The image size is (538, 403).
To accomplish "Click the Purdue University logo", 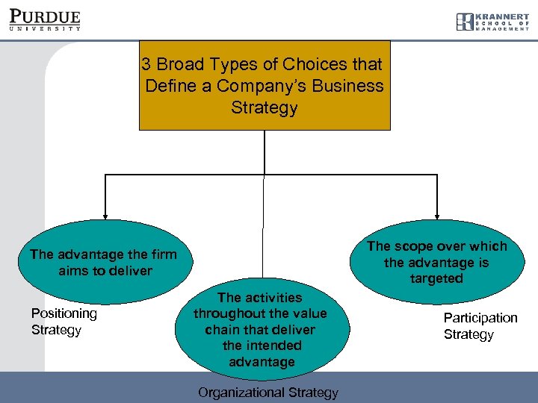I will click(44, 19).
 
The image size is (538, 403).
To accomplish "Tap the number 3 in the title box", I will click(146, 65).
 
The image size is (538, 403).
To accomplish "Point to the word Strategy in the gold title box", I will click(265, 107).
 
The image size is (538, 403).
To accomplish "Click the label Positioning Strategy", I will click(64, 322).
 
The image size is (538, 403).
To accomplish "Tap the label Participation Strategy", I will click(480, 326).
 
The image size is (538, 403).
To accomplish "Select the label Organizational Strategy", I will click(268, 393).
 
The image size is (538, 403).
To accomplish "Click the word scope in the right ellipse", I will click(417, 246).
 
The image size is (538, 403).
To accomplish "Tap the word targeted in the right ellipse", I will click(436, 278).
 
